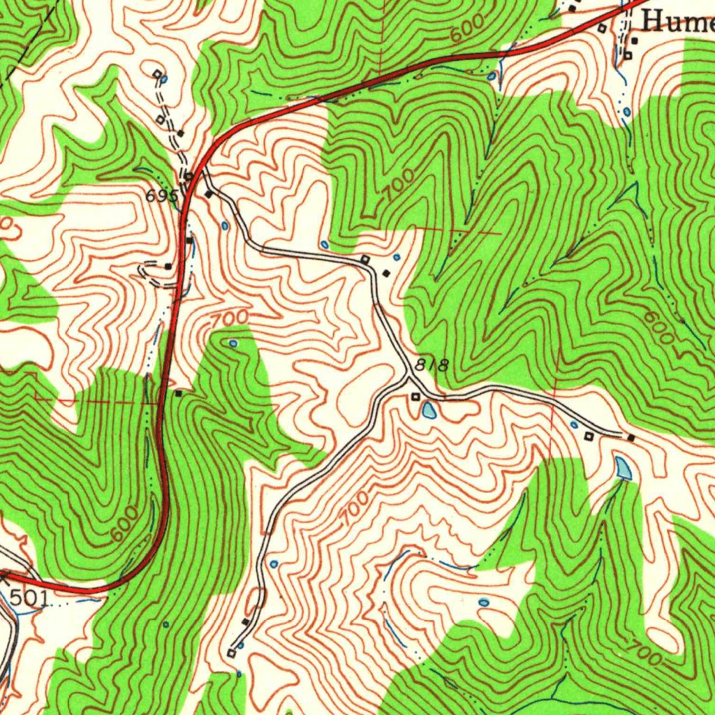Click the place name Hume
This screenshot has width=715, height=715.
[677, 22]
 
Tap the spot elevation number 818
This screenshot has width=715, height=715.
[430, 364]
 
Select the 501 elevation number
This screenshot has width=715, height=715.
[29, 597]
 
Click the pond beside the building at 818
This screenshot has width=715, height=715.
[428, 410]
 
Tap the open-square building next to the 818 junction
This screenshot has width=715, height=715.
[415, 397]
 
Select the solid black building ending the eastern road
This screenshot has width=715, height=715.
[631, 438]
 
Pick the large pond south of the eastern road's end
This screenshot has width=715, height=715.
[624, 468]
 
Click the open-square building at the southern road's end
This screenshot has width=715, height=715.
[231, 653]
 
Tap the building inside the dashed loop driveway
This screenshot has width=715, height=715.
[168, 266]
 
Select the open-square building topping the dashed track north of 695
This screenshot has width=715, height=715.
[157, 73]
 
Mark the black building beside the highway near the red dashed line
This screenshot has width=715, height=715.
[179, 394]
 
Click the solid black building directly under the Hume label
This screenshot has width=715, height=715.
[634, 41]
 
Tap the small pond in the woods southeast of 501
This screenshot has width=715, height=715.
[165, 624]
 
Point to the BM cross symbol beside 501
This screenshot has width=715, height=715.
[6, 575]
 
